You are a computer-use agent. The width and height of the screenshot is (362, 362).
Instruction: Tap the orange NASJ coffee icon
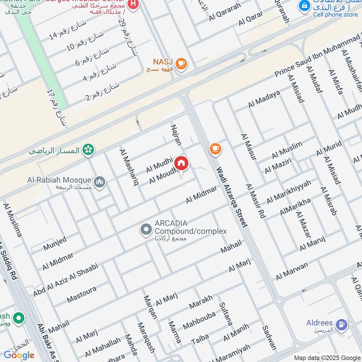coord(181,64)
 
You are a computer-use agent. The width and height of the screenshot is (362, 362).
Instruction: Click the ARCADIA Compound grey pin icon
coord(146,230)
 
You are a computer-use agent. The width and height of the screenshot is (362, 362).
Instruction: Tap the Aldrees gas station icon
coord(342,324)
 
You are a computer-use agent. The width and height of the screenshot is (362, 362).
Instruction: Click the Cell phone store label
coord(335,14)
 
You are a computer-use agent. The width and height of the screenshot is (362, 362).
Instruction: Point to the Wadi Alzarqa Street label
coord(231,197)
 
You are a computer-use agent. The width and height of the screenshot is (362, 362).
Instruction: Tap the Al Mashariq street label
coord(129,167)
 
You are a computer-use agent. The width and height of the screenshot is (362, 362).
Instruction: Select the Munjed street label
coord(55,243)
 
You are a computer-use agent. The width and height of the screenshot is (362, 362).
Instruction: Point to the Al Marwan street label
coord(292,271)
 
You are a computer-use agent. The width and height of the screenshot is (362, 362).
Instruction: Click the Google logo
coord(19,355)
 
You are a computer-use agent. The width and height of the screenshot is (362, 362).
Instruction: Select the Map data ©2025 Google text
coord(327,357)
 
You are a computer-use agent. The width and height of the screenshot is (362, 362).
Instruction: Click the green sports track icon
coord(89,149)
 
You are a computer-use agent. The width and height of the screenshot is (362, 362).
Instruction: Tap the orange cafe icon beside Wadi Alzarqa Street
coord(215,148)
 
